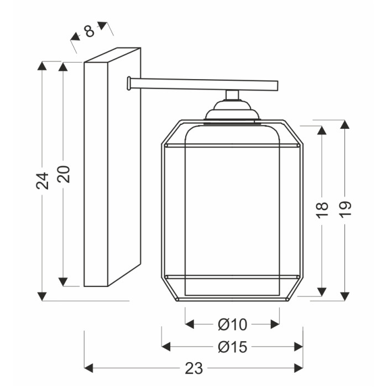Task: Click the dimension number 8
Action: [x=89, y=31]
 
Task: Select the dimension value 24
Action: [x=42, y=181]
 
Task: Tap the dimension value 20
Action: [x=64, y=174]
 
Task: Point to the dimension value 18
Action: [x=322, y=210]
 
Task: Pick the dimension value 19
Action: [x=345, y=210]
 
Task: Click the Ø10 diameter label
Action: [x=232, y=325]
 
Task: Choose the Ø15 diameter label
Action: [x=232, y=347]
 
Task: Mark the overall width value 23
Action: [x=193, y=368]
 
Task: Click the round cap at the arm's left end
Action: [x=129, y=83]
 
